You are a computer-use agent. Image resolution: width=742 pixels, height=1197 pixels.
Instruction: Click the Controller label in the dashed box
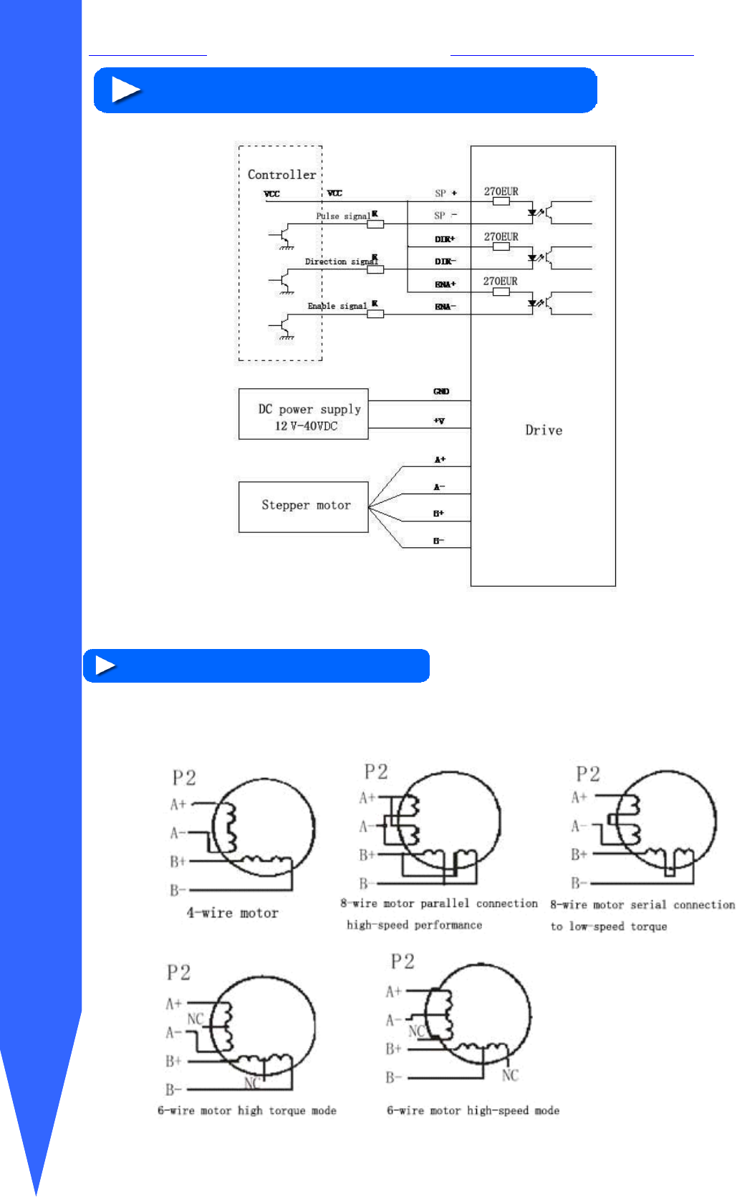tap(281, 174)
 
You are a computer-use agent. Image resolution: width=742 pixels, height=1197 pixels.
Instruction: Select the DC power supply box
tap(303, 414)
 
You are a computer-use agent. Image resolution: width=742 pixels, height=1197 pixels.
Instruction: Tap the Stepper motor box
tap(303, 506)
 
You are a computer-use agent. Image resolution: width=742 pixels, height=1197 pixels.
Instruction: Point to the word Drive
tap(544, 430)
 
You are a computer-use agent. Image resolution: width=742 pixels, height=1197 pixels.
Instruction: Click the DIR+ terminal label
tap(445, 239)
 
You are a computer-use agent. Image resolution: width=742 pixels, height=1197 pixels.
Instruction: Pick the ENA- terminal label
tap(445, 307)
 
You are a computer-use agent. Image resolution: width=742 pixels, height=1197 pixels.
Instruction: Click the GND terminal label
tap(441, 391)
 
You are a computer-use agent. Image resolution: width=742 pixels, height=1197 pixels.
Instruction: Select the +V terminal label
tap(439, 420)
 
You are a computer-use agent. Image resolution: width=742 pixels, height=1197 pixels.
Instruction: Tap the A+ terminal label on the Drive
tap(440, 459)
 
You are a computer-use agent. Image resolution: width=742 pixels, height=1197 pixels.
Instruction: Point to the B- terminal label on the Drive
tap(439, 541)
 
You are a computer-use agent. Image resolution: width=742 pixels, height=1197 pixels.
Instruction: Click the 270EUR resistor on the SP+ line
tap(501, 201)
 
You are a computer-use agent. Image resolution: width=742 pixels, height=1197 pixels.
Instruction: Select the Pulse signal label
tap(343, 216)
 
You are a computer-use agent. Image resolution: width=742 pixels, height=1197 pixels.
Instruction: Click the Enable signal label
tap(337, 306)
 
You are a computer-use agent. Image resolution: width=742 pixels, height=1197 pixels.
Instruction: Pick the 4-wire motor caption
tap(232, 913)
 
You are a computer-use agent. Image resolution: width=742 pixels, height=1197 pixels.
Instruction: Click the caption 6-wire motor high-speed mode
tap(473, 1110)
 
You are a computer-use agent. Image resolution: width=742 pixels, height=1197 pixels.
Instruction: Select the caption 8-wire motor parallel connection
tap(438, 903)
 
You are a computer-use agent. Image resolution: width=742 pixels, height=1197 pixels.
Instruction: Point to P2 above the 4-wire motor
tap(184, 778)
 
